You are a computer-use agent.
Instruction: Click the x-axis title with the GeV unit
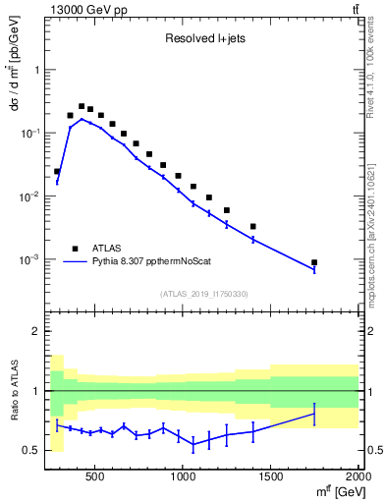point(331,491)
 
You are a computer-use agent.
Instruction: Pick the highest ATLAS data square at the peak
point(82,106)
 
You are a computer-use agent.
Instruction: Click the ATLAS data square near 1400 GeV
point(253,226)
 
